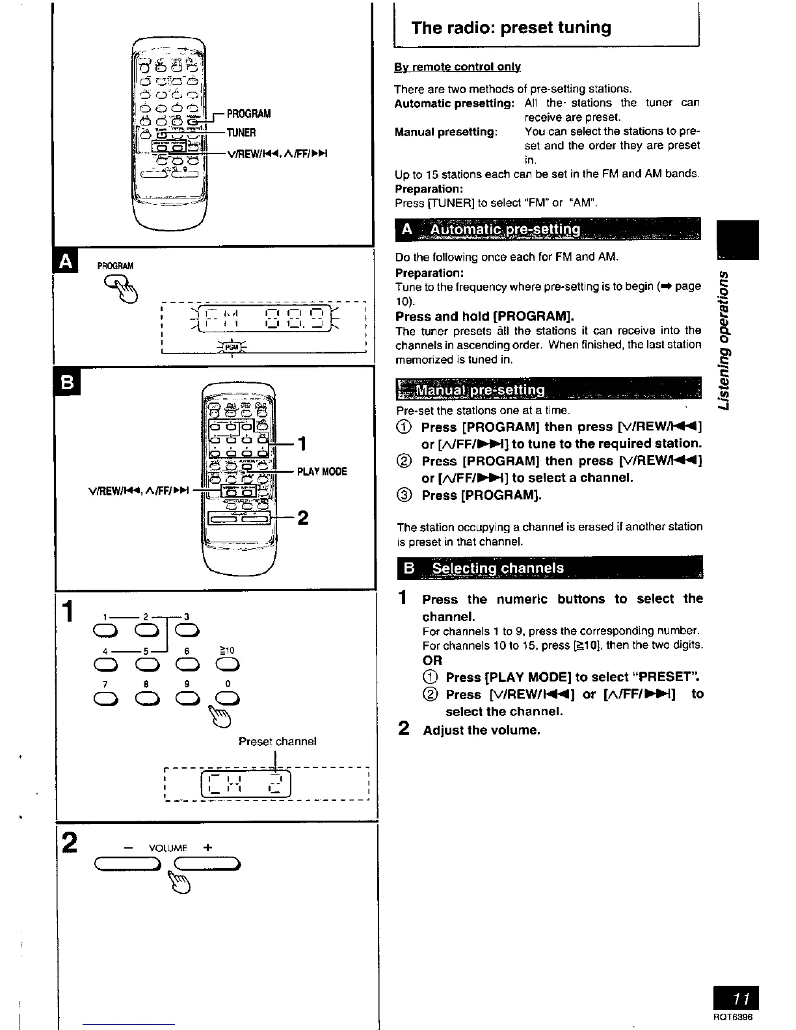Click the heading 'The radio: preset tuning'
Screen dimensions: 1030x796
tap(511, 27)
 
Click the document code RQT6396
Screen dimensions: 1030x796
tap(733, 1018)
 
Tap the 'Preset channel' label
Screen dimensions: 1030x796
tap(277, 741)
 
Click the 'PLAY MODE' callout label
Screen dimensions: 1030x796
tap(322, 471)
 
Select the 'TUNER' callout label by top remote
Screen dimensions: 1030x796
tap(241, 133)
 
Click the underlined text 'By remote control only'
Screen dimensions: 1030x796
tap(457, 67)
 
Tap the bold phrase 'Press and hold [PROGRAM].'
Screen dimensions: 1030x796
tap(484, 317)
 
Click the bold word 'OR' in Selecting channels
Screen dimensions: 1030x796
tap(432, 660)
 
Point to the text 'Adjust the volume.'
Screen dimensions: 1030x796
tap(481, 730)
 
